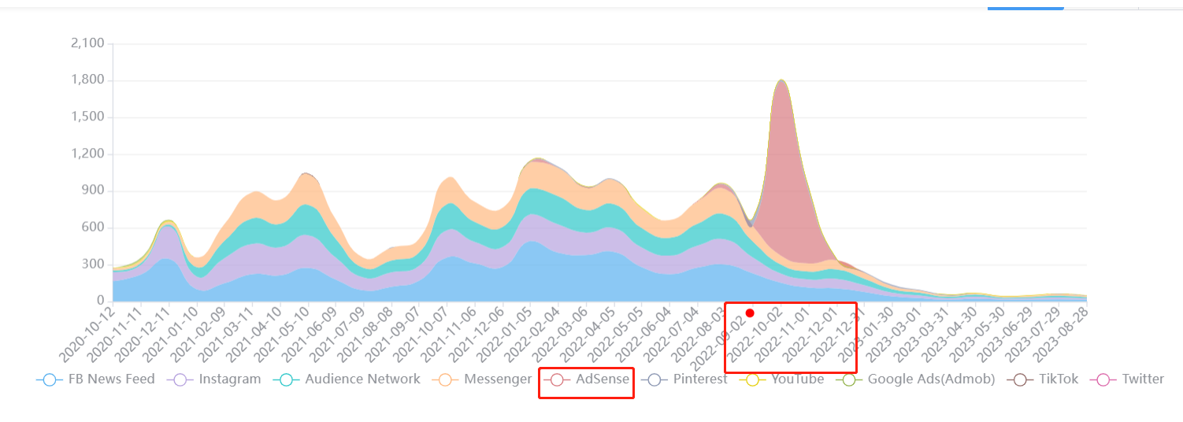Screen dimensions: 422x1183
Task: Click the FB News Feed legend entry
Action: [96, 379]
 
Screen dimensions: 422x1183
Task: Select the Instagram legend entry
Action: [214, 379]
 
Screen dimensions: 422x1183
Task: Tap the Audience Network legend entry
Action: [347, 379]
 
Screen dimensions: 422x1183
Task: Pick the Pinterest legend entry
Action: [684, 379]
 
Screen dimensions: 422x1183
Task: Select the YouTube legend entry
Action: [782, 379]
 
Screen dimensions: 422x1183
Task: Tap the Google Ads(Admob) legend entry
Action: [916, 379]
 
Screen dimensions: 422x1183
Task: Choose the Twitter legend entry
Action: [1129, 379]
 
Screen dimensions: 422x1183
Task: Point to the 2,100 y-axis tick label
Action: [87, 43]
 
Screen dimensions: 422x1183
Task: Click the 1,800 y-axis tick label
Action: [87, 80]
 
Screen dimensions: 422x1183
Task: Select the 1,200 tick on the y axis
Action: [87, 154]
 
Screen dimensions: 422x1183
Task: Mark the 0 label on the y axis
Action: [100, 301]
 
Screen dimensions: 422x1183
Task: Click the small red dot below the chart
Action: [750, 313]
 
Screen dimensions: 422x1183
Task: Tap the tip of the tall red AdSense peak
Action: [781, 80]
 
